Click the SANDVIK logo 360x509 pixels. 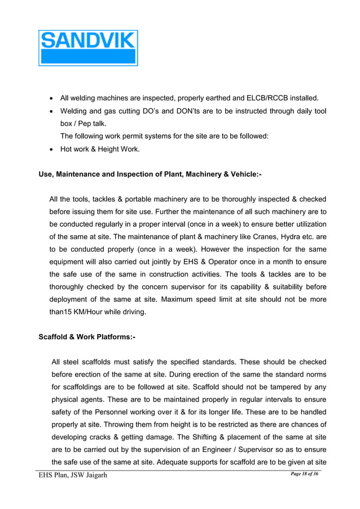click(x=88, y=48)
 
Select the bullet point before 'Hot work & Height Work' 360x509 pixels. click(x=51, y=150)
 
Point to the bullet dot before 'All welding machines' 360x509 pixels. click(x=51, y=97)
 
